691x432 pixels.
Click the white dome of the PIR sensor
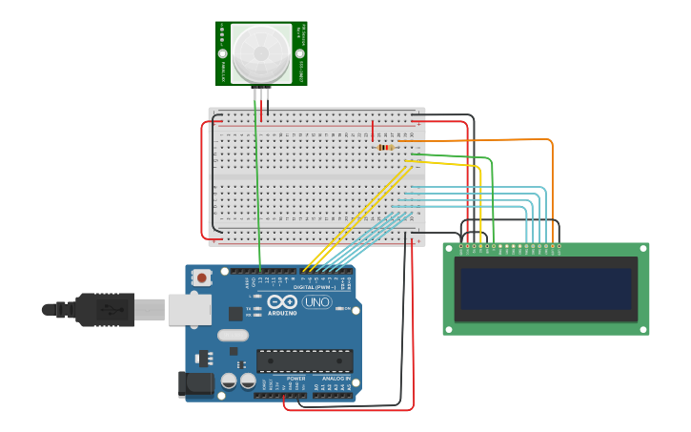coord(260,52)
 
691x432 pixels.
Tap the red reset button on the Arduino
coord(201,278)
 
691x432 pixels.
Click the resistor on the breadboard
coord(385,147)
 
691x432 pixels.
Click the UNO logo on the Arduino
coord(317,302)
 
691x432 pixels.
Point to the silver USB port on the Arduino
coord(189,309)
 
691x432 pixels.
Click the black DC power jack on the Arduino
coord(195,384)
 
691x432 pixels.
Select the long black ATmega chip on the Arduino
coord(304,360)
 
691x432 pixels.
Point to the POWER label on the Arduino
coord(296,379)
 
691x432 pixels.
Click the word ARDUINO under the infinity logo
coord(282,312)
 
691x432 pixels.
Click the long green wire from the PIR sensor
coord(257,191)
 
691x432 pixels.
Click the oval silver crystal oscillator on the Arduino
coord(233,336)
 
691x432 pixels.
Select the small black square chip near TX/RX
coord(235,313)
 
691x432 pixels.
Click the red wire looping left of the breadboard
coord(202,181)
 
